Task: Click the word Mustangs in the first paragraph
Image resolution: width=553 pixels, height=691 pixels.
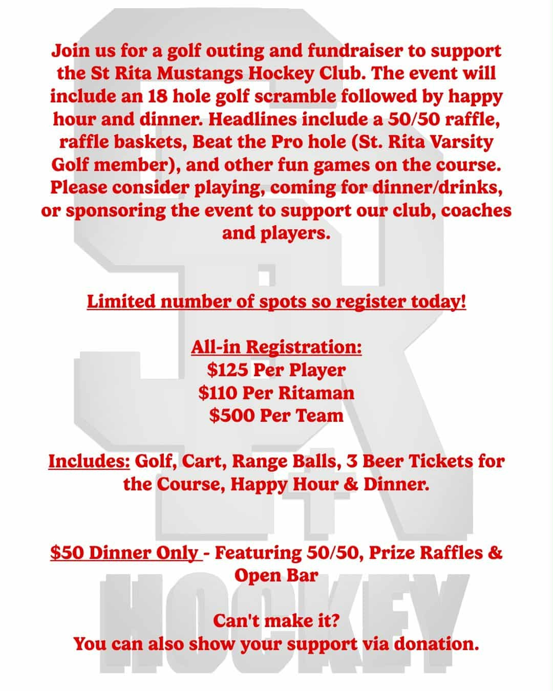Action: tap(201, 73)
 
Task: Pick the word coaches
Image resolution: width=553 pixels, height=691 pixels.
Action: tap(476, 210)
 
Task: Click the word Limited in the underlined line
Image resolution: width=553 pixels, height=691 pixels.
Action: tap(121, 301)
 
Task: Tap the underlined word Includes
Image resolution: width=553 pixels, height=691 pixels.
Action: tap(89, 461)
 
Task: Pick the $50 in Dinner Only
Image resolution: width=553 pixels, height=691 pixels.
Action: tap(68, 553)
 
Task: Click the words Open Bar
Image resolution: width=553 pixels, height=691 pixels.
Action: tap(276, 575)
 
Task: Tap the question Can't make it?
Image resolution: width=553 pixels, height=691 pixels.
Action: tap(276, 621)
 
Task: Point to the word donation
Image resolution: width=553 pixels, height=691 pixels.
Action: tap(438, 643)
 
